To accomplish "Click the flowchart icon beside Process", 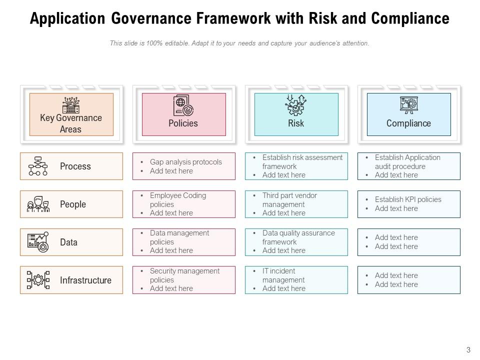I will pos(38,166).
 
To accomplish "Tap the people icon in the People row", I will pos(38,204).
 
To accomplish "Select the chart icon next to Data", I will pos(38,242).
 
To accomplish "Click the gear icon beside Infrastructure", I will pos(38,280).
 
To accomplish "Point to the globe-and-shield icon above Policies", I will pos(183,105).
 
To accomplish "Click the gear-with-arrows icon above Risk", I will pos(295,105).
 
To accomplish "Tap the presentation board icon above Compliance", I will pos(408,105).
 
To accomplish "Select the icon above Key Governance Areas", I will pos(71,105).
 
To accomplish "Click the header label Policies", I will pos(183,123).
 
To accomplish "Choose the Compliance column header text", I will pos(408,123).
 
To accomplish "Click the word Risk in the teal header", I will pos(296,123).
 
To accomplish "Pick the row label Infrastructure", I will pos(85,280).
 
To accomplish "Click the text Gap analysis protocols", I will pos(185,162).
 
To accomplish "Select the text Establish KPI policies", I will pos(408,199).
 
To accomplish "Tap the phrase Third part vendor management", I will pos(289,200).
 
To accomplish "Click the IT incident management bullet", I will pos(283,275).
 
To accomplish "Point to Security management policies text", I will pos(184,275).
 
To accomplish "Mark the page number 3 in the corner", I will pos(468,350).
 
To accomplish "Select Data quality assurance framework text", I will pos(298,237).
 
